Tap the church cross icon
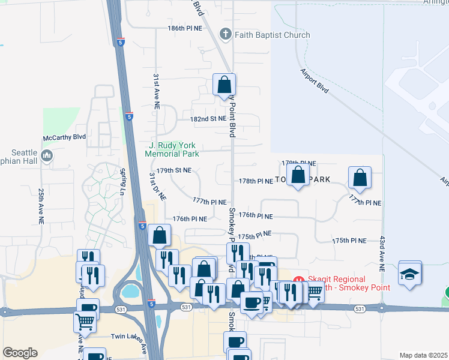pos(226,34)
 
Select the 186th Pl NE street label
pos(186,28)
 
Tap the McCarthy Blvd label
pos(65,137)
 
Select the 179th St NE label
pos(173,170)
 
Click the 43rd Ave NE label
pos(381,248)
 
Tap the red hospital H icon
pos(299,280)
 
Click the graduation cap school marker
pos(410,274)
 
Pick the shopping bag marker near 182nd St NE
pos(224,85)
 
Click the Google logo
pos(20,353)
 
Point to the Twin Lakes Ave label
pos(128,338)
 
